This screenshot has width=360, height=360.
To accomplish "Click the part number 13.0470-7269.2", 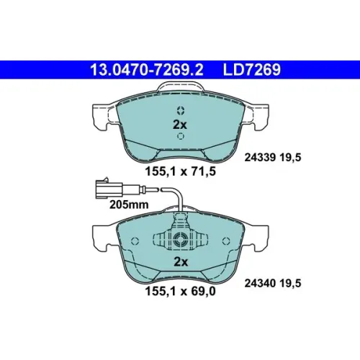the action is [x=147, y=70].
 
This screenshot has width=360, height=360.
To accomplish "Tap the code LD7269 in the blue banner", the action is [x=252, y=70].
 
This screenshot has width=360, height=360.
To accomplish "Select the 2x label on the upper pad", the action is [x=180, y=125].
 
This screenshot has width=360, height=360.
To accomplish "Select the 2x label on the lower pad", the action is [x=181, y=262].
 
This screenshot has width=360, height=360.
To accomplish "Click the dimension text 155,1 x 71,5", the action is [x=180, y=171].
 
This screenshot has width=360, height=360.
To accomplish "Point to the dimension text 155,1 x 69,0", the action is [x=180, y=291].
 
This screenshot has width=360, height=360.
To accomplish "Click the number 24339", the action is [x=260, y=158].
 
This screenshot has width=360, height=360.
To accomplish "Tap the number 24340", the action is [x=260, y=284].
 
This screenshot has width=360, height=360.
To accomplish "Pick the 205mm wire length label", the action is [x=129, y=204].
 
